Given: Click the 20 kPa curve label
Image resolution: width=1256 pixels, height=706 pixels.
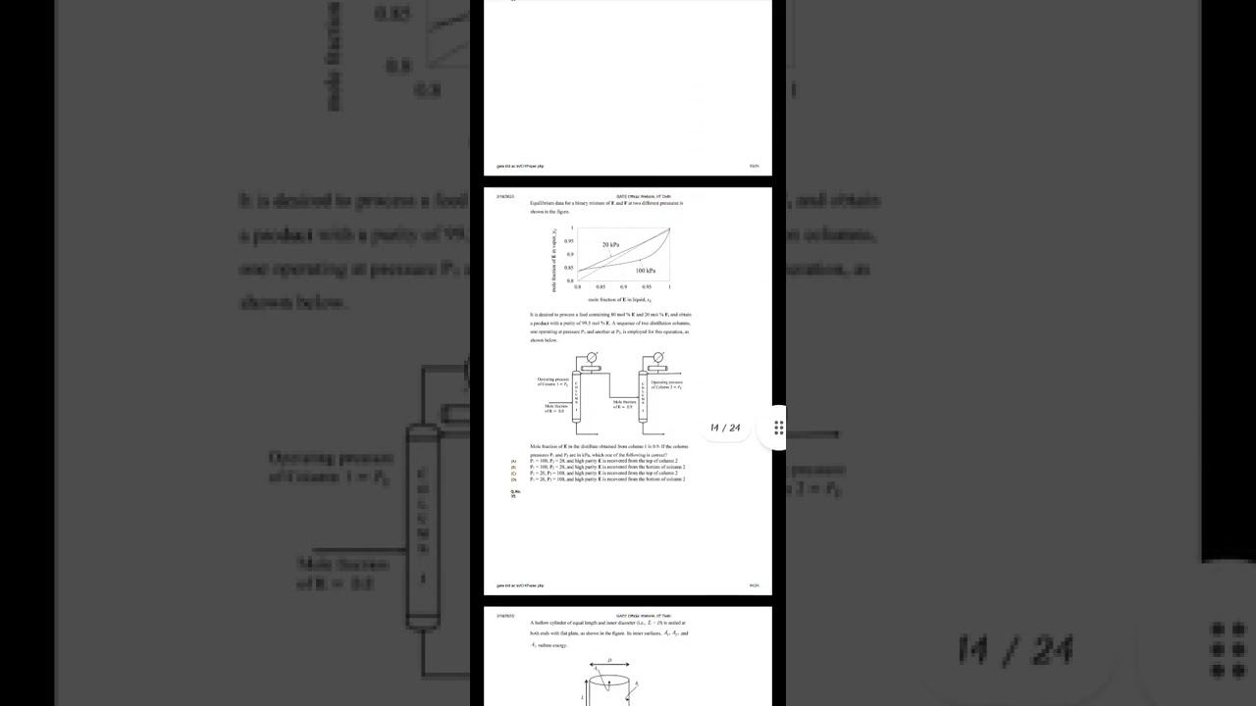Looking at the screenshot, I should click(x=610, y=244).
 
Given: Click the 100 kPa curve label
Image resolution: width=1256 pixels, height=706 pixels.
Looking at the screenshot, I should click(x=646, y=271).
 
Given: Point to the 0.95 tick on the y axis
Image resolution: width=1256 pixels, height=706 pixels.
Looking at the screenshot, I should click(x=569, y=241).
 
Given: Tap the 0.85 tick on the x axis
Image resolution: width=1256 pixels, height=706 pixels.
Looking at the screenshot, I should click(x=601, y=287).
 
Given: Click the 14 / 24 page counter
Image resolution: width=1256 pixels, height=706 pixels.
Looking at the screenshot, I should click(x=725, y=428).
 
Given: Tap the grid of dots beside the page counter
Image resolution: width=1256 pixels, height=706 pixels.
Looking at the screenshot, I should click(x=778, y=428).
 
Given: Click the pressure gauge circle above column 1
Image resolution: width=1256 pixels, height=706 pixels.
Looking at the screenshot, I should click(x=592, y=358).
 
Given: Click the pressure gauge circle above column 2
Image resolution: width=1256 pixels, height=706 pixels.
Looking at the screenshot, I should click(x=657, y=358).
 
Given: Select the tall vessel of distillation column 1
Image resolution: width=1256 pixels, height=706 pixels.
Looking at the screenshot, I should click(x=577, y=397).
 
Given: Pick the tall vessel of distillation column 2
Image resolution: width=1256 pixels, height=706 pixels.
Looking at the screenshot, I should click(x=643, y=397).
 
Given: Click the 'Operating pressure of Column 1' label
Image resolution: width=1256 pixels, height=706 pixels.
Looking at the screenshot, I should click(x=552, y=381).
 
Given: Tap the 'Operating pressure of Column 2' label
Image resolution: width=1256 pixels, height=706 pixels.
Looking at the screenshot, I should click(x=666, y=384).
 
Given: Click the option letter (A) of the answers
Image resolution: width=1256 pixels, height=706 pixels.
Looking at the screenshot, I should click(x=513, y=461).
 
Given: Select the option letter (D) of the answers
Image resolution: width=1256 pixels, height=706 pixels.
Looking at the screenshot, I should click(x=513, y=479).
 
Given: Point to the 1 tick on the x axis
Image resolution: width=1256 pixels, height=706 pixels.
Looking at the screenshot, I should click(x=669, y=287).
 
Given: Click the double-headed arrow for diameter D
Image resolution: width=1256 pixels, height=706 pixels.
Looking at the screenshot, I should click(x=609, y=665).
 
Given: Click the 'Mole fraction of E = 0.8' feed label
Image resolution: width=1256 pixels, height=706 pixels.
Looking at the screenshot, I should click(x=556, y=408).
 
